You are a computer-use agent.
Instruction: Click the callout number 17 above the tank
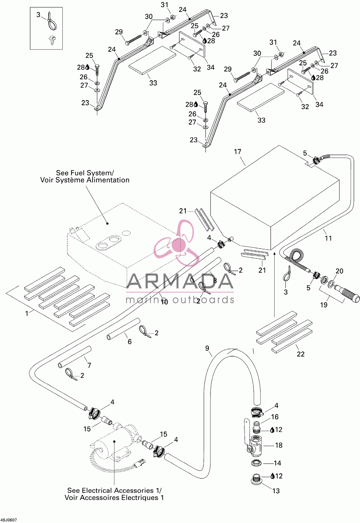238,152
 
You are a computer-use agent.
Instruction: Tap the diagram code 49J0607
8,520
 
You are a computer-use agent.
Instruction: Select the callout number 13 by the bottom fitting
276,491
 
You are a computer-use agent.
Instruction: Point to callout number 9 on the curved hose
207,348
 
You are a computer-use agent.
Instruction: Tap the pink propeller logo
176,243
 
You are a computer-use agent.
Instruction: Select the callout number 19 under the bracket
324,305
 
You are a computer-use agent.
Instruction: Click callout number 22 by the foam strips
301,354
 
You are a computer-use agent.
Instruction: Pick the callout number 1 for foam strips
27,313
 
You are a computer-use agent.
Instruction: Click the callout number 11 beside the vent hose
328,238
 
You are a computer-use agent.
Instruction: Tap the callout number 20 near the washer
339,271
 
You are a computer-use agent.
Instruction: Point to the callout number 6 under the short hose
130,341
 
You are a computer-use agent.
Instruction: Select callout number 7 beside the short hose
89,365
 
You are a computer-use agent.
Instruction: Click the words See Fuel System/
85,173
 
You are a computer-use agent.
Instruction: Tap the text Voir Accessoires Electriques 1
114,497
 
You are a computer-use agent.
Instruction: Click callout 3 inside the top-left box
39,15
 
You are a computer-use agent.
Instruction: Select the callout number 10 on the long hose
165,302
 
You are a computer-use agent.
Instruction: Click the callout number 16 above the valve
275,417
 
